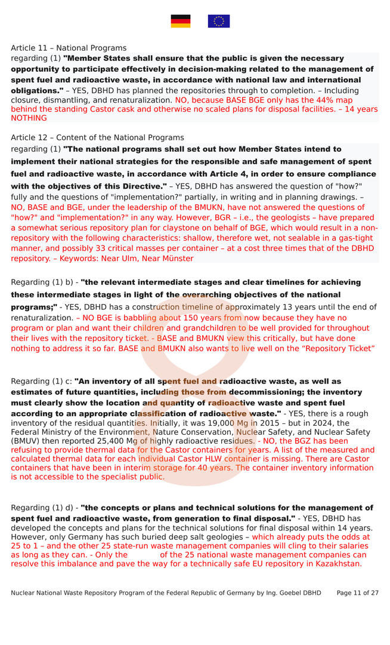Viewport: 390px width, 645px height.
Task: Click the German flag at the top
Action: (x=181, y=21)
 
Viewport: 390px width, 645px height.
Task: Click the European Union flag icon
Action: (x=218, y=21)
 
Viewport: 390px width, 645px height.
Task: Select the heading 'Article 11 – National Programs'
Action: (x=69, y=48)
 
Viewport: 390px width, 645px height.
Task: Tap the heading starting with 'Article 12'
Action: (x=97, y=137)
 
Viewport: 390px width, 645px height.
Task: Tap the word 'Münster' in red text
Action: (x=176, y=259)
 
